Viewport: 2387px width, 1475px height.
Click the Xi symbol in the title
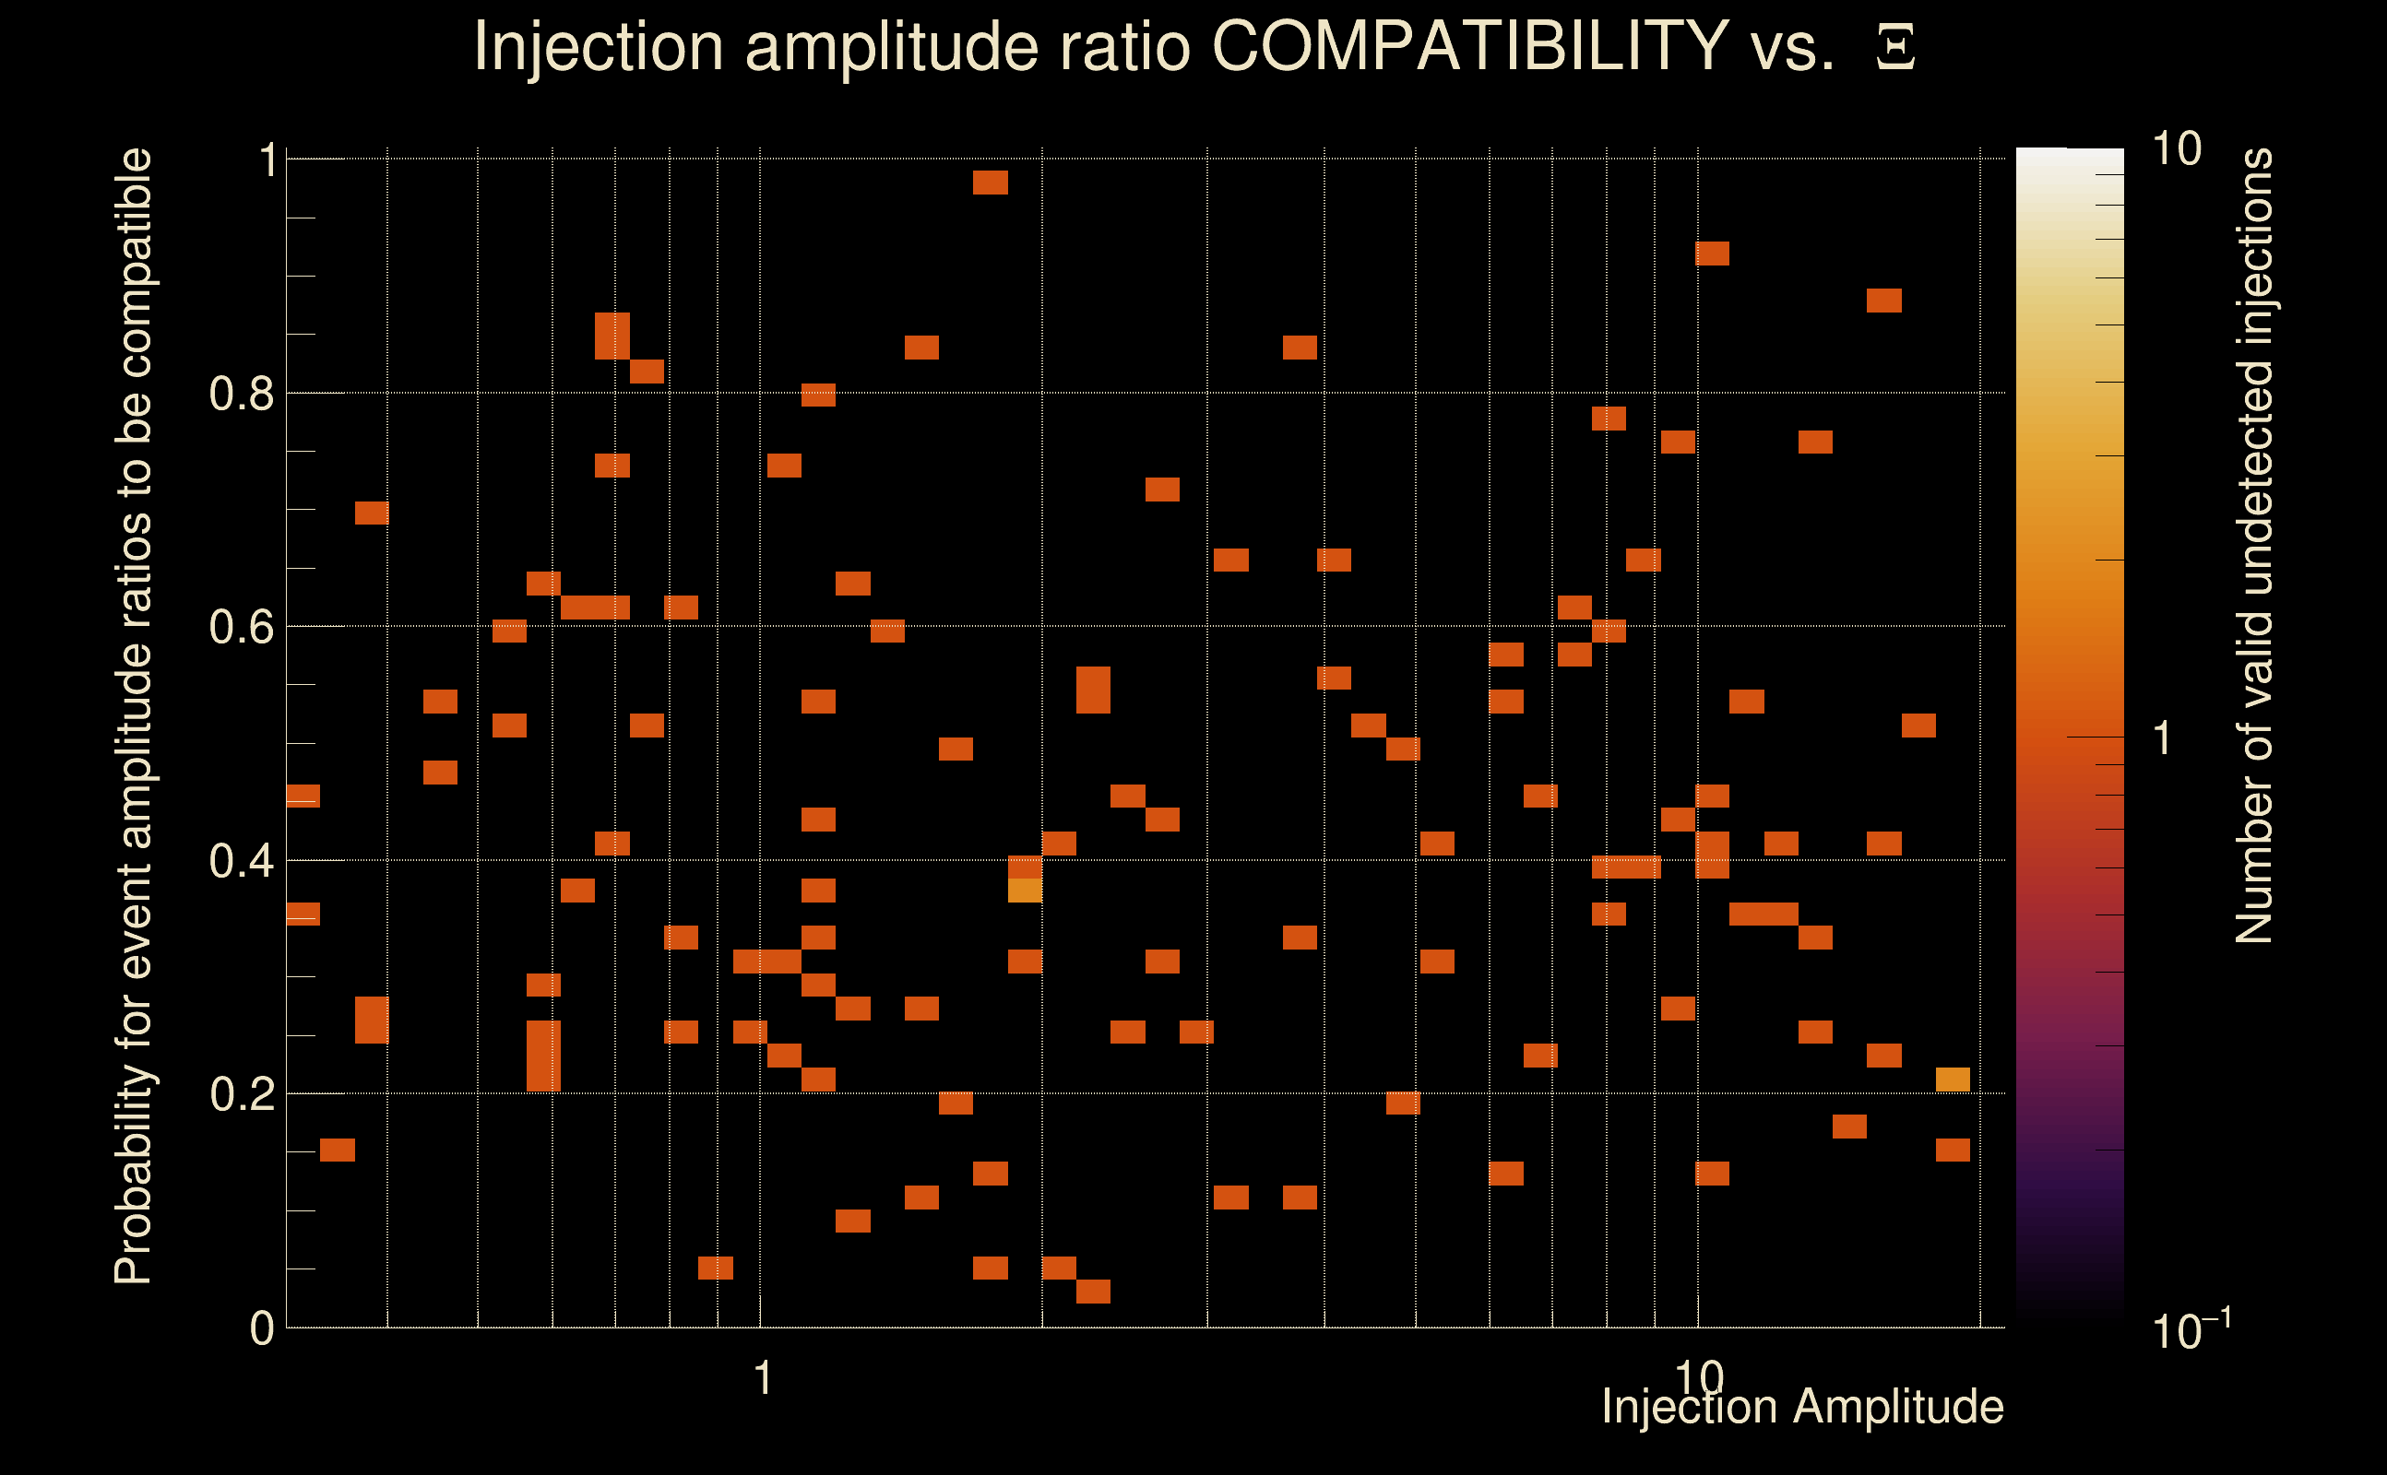coord(1895,48)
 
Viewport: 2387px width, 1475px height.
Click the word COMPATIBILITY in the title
coord(1469,46)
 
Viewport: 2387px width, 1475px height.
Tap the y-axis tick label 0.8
coord(242,395)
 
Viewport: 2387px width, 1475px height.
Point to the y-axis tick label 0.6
coord(242,627)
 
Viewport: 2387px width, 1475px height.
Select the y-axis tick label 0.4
coord(242,861)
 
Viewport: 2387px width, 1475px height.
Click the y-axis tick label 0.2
coord(242,1094)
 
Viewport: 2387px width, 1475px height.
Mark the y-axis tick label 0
coord(262,1328)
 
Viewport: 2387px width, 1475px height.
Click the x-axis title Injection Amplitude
coord(1802,1407)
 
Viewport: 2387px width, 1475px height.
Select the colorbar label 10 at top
coord(2176,150)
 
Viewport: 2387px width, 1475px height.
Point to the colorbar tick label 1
coord(2163,738)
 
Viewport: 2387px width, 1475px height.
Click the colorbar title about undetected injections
coord(2254,547)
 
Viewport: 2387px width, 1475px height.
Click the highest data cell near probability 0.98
coord(991,183)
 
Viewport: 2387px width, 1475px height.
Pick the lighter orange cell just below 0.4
coord(1025,890)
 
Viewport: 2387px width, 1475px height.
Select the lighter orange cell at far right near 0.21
coord(1953,1079)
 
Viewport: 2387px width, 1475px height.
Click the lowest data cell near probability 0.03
coord(1093,1291)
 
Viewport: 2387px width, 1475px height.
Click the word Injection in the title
coord(598,46)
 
